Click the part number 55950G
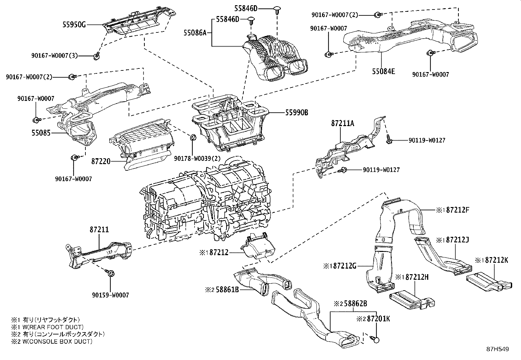[x=74, y=24]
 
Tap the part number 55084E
[x=383, y=71]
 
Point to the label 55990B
[x=296, y=112]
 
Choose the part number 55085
[x=41, y=133]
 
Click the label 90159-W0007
[x=111, y=295]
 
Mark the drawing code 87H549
[x=497, y=349]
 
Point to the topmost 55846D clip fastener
[x=278, y=9]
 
